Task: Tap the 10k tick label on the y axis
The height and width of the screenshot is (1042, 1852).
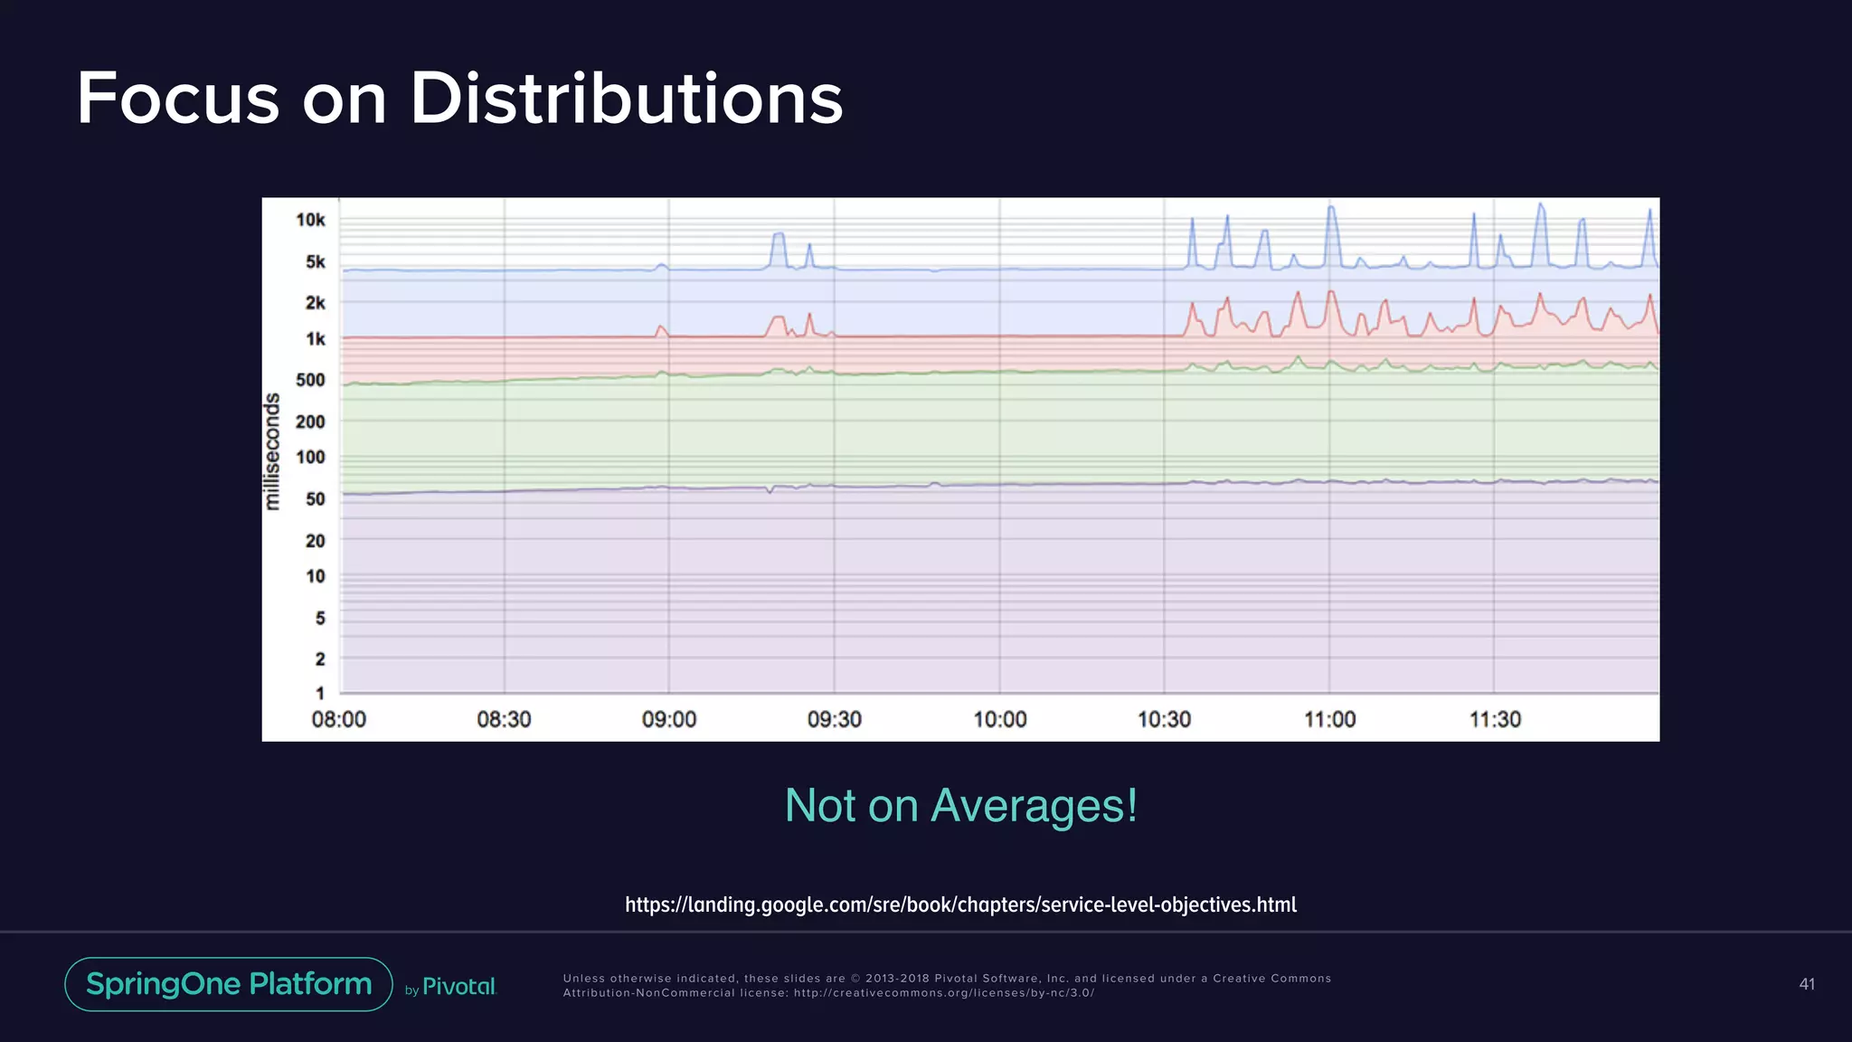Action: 310,220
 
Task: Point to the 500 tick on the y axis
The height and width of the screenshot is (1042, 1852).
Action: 310,380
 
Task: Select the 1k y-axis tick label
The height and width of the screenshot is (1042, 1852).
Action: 315,339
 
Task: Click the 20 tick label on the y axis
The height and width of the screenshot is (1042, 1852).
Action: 315,541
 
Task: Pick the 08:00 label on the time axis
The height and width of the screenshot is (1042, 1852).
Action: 338,720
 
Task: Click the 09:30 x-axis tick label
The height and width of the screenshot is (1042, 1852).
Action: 834,720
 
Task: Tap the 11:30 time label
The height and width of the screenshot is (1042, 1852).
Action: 1495,720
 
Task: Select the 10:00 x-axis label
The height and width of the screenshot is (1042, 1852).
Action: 999,720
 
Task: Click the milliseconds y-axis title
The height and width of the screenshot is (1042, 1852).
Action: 272,451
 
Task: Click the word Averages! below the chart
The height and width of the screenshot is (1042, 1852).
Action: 1034,805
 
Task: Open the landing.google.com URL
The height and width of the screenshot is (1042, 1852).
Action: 960,905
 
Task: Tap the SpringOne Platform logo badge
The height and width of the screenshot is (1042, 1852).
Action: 229,984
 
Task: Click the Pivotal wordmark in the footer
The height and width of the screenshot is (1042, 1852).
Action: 459,987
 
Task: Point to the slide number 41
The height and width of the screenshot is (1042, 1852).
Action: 1806,984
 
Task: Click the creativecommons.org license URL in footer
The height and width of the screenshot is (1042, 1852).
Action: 944,993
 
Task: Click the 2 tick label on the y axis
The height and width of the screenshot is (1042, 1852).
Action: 319,659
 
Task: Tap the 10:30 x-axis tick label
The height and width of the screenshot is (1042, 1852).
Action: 1164,720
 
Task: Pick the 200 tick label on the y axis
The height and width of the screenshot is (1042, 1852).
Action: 310,422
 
